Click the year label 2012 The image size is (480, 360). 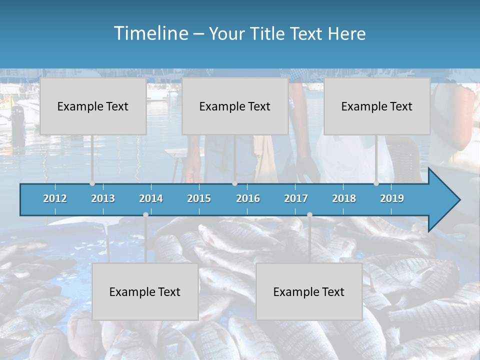coord(55,198)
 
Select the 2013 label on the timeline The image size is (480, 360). coord(103,198)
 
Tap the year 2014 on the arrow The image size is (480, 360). coord(151,198)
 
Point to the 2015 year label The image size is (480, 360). coord(199,198)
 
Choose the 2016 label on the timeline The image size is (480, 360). coord(248,198)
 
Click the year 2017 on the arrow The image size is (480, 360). coord(296,198)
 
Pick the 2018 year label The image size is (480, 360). coord(344,198)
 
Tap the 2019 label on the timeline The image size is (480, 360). coord(392,198)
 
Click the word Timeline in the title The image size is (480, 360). coord(150,33)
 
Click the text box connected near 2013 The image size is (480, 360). coord(93,106)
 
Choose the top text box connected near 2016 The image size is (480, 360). coord(235,106)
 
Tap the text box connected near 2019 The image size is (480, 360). coord(377,106)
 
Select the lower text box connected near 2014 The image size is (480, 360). coord(145,291)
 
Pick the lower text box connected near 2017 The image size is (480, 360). coord(309,291)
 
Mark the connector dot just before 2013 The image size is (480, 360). coord(92,183)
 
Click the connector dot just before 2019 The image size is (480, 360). coord(376,183)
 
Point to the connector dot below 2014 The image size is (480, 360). coord(145,214)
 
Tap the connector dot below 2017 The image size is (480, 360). coord(309,214)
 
